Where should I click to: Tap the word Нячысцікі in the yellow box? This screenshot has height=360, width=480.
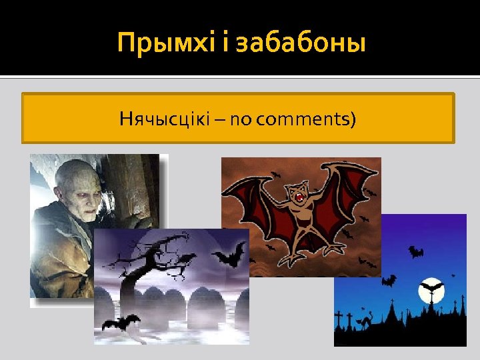click(x=164, y=119)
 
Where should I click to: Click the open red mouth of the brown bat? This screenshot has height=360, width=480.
click(x=301, y=198)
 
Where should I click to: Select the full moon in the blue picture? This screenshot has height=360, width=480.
click(x=431, y=291)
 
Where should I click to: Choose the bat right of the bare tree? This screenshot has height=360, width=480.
click(x=229, y=254)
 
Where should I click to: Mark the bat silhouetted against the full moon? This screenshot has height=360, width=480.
click(x=431, y=289)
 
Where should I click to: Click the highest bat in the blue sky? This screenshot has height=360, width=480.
click(x=416, y=252)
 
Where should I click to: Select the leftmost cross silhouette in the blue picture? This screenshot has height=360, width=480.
click(x=339, y=318)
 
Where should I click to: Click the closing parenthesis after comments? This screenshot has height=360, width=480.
click(x=353, y=120)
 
